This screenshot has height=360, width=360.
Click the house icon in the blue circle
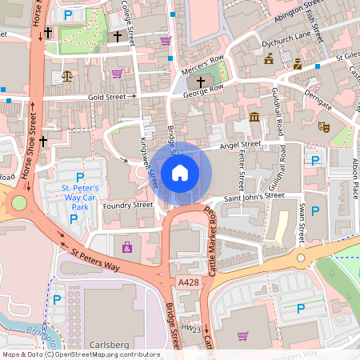[x=180, y=173]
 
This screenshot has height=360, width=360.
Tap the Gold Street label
[x=108, y=96]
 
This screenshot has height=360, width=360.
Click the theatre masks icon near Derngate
[x=324, y=126]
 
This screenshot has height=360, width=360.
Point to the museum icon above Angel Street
[x=254, y=118]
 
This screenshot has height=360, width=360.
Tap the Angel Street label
[x=242, y=144]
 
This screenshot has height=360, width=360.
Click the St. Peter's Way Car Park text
[x=79, y=197]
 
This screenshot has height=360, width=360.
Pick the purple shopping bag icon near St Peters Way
[x=126, y=248]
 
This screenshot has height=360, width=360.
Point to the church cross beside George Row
[x=200, y=82]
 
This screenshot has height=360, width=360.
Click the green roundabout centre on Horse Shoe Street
[x=18, y=203]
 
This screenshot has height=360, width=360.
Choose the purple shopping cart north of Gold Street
[x=117, y=74]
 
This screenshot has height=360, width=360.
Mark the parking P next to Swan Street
[x=315, y=210]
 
